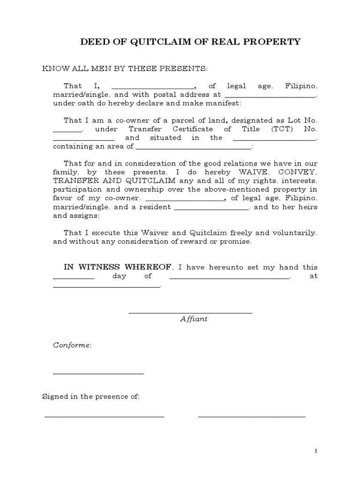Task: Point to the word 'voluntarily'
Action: coord(295,232)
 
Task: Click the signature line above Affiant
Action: coord(190,313)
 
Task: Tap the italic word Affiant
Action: coord(194,319)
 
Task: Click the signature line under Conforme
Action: coord(98,374)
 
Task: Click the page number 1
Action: coord(316,451)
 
